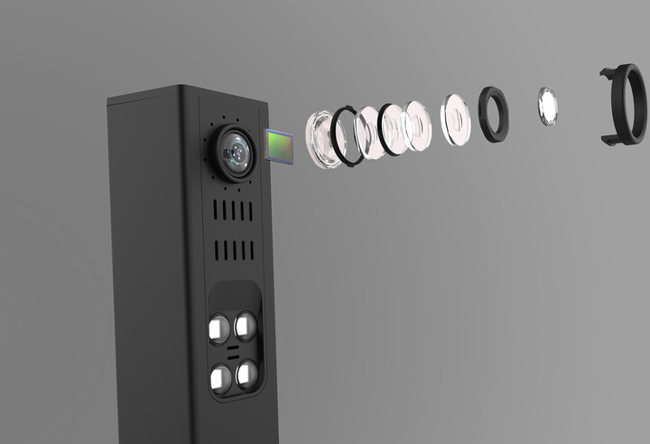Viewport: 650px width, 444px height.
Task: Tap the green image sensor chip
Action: click(280, 147)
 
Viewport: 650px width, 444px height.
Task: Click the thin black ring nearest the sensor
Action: click(347, 136)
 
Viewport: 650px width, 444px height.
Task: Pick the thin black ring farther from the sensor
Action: click(393, 129)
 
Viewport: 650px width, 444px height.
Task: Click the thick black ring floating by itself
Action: click(493, 114)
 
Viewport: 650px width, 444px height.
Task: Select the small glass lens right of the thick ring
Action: click(547, 106)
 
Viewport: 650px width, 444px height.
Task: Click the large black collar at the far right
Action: click(625, 106)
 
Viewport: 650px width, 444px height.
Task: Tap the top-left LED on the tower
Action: click(218, 328)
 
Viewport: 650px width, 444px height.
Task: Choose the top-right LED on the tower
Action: click(245, 324)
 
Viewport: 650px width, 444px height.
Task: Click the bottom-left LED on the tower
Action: click(219, 377)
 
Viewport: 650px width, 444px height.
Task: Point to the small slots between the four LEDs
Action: click(232, 351)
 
